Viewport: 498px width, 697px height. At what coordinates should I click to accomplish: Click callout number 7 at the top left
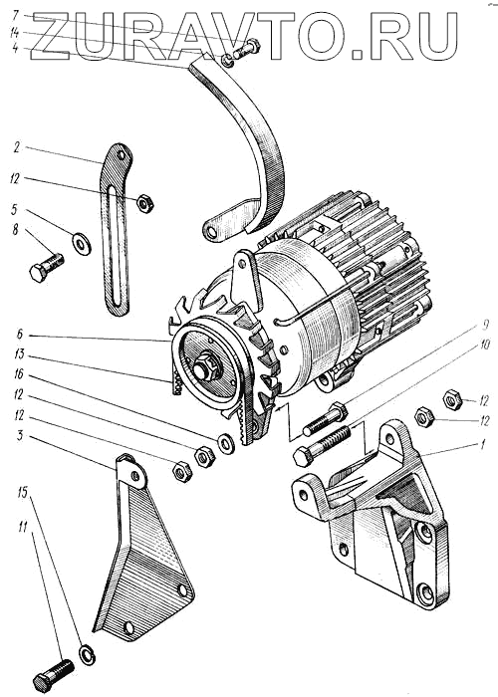click(x=16, y=17)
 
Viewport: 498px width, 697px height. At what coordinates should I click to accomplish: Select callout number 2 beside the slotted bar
click(x=17, y=148)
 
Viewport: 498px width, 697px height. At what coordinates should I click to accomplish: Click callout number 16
click(x=18, y=375)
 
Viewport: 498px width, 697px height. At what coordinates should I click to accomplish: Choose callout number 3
click(x=20, y=435)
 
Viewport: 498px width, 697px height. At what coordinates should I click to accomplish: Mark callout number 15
click(x=23, y=492)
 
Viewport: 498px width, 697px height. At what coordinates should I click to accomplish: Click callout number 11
click(x=23, y=528)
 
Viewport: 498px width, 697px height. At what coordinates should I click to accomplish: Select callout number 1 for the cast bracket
click(x=481, y=445)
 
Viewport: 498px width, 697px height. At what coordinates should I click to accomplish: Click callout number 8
click(x=16, y=231)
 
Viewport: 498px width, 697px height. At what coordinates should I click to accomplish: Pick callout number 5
click(x=16, y=209)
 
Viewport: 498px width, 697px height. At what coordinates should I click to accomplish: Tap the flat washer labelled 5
click(x=82, y=243)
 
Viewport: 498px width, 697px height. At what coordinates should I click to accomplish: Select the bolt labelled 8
click(x=47, y=267)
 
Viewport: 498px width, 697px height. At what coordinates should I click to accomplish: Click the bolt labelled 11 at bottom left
click(x=53, y=673)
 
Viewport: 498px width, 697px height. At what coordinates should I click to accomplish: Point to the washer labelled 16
click(x=226, y=443)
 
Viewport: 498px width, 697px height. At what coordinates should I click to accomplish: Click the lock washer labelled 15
click(x=88, y=654)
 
